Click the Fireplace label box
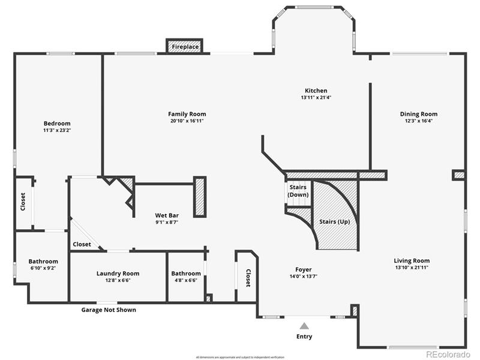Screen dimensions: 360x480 coord(185,46)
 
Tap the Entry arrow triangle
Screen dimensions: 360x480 coord(304,326)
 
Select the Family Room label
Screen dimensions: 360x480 coord(187,114)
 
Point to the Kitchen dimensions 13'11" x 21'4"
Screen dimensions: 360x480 coord(316,97)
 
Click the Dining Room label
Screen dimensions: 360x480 coord(419,114)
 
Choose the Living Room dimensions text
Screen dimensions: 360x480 coord(412,268)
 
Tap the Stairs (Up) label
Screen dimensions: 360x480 coord(335,221)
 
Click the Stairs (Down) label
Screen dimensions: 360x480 coord(298,191)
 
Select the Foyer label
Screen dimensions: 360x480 coord(303,269)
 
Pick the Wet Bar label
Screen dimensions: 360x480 coord(167,215)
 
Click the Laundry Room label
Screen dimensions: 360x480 coord(118,274)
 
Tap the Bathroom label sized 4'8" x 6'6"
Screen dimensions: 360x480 coord(186,274)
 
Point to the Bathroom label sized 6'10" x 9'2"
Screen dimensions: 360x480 coord(43,262)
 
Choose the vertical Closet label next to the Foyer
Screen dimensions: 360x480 coord(248,277)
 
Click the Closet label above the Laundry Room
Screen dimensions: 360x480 coord(82,244)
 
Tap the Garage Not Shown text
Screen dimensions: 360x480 coord(109,310)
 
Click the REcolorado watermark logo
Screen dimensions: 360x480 coord(448,354)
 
